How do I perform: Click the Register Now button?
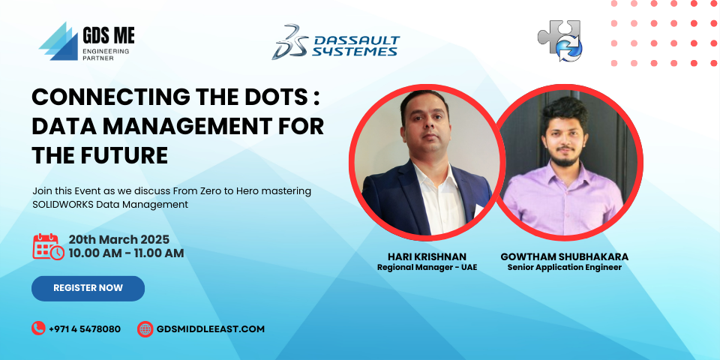point(88,288)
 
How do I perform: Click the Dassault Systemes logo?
point(336,42)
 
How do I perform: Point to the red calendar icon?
point(48,247)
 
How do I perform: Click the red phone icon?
point(38,328)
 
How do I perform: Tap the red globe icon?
point(145,328)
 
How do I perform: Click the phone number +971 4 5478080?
point(85,329)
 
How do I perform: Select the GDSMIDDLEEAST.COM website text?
point(211,329)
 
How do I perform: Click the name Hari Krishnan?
point(427,256)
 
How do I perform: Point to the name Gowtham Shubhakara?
point(564,256)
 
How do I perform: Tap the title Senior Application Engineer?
point(564,267)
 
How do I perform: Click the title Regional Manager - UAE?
point(427,267)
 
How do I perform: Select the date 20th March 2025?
point(119,240)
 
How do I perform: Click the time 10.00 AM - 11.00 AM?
point(126,253)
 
